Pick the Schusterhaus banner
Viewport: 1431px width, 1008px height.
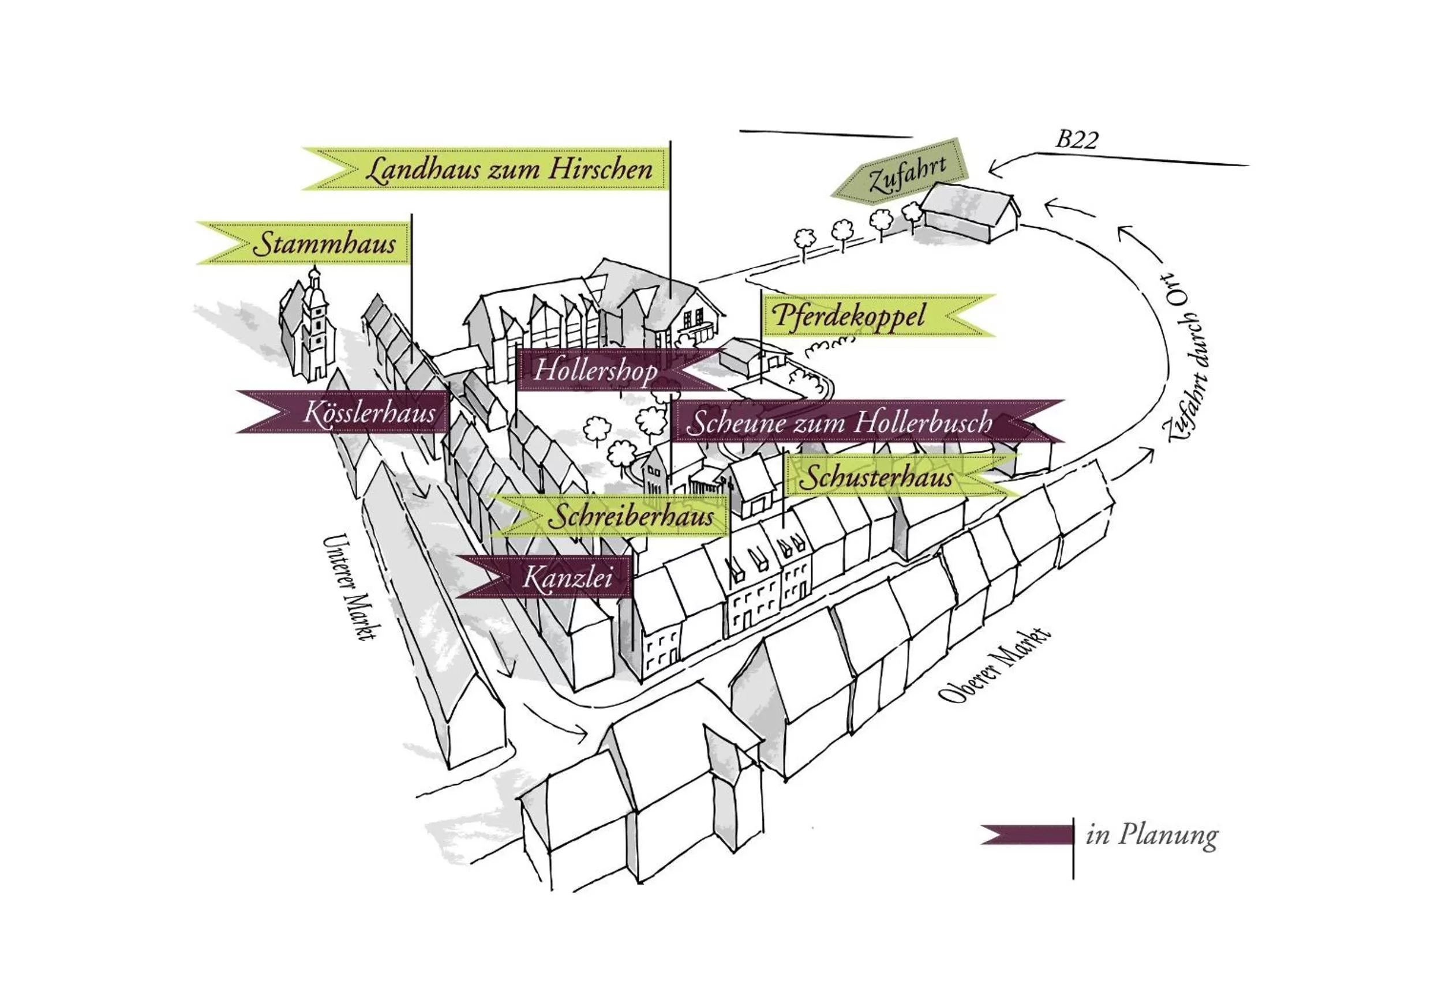coord(885,478)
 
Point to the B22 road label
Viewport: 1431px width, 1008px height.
coord(1076,140)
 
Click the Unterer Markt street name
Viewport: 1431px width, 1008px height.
coord(350,586)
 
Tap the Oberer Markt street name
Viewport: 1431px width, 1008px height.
coord(995,665)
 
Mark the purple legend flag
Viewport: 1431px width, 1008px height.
coord(1027,834)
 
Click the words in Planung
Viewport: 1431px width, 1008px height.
coord(1152,836)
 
